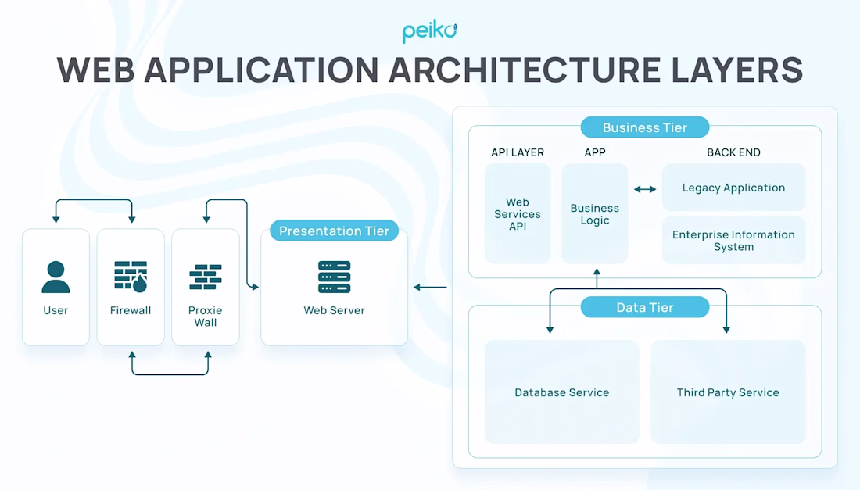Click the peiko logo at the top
click(429, 31)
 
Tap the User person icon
click(56, 277)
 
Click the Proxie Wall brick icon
click(206, 277)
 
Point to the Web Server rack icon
click(335, 277)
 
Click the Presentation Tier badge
click(335, 231)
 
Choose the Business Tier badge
click(645, 127)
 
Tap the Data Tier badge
click(645, 307)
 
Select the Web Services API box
click(518, 214)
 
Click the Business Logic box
click(595, 214)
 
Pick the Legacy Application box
click(733, 188)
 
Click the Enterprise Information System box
click(733, 241)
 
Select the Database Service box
click(562, 392)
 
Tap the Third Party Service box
click(728, 392)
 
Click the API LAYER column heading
click(518, 152)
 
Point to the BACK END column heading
click(733, 152)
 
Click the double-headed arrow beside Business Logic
click(645, 189)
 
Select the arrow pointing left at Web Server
click(430, 288)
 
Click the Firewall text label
click(131, 310)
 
